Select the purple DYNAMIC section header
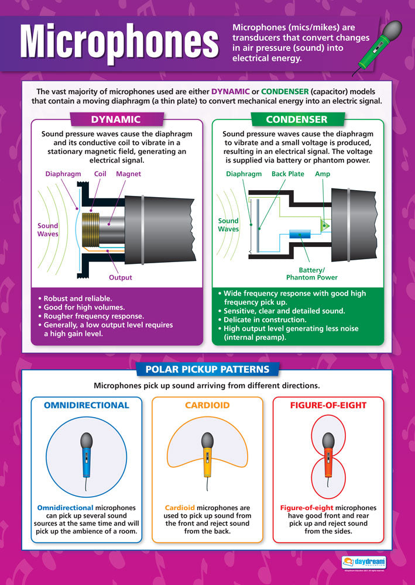[115, 119]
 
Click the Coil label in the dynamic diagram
[100, 174]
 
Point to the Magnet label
[128, 174]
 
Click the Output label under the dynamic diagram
[121, 277]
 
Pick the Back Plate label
[287, 174]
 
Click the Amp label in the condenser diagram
[323, 174]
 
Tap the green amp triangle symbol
[325, 225]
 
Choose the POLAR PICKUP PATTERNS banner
[208, 370]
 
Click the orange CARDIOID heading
[207, 405]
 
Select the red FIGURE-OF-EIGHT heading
[328, 405]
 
